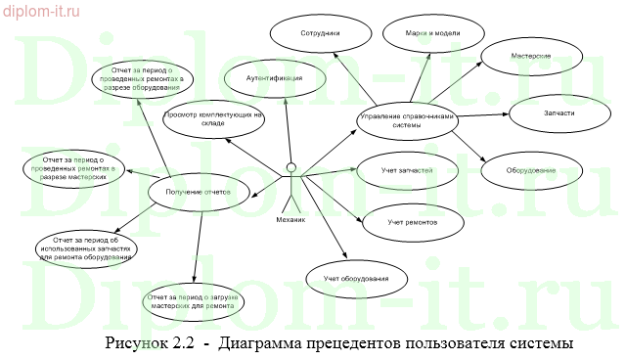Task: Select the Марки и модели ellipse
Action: (432, 33)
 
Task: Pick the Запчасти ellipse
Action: (558, 112)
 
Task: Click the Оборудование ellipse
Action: (531, 170)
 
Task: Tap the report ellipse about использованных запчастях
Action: (87, 247)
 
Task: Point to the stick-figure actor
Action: (290, 182)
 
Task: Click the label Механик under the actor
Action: (290, 220)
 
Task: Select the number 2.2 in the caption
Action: (181, 343)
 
